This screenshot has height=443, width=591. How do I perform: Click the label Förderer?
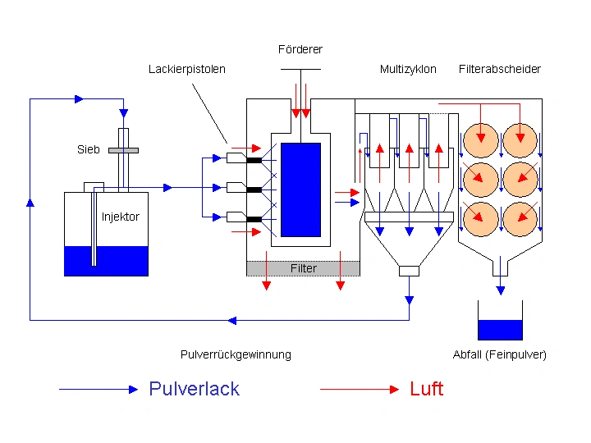click(x=300, y=49)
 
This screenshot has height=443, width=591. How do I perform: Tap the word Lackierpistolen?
click(x=187, y=69)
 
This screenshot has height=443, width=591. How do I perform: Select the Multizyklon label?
click(x=408, y=69)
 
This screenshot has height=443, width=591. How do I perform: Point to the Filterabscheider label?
click(x=500, y=69)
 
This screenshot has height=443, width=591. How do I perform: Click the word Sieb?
click(x=88, y=149)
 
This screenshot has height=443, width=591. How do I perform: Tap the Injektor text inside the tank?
click(x=120, y=217)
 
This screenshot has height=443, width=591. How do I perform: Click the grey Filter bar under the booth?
click(x=303, y=268)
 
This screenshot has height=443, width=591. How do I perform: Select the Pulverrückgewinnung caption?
click(x=236, y=354)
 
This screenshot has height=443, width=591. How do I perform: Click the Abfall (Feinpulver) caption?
click(x=499, y=354)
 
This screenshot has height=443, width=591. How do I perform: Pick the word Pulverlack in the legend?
click(x=194, y=389)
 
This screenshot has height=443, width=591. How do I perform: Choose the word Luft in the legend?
click(x=427, y=389)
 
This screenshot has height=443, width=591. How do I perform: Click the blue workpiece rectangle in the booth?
click(x=300, y=190)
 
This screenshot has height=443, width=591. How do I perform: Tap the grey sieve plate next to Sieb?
click(x=123, y=150)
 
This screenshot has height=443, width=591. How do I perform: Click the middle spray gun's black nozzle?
click(x=254, y=190)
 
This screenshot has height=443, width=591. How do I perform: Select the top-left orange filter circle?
click(x=480, y=140)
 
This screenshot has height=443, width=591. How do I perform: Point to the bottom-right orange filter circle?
click(x=520, y=219)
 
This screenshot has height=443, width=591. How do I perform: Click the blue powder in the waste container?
click(x=500, y=330)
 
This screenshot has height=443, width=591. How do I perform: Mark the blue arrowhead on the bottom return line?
click(x=232, y=321)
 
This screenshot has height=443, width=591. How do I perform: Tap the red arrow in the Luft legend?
click(x=360, y=389)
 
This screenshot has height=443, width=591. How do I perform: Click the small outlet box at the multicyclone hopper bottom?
click(x=409, y=271)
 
